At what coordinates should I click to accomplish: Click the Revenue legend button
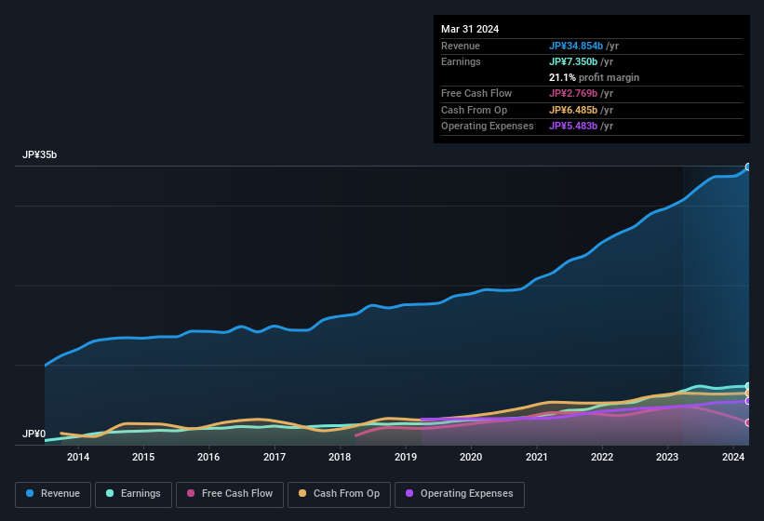point(53,494)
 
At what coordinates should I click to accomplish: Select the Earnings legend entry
point(133,494)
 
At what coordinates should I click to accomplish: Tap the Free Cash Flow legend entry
point(230,494)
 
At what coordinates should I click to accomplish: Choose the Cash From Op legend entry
point(339,494)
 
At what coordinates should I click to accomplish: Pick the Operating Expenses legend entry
point(459,494)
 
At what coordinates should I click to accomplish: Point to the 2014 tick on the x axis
point(78,457)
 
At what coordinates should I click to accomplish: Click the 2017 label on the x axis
point(275,457)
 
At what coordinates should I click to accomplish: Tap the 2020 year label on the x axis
point(471,457)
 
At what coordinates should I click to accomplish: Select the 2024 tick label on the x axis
point(733,457)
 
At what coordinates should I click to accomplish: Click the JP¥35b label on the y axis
point(40,155)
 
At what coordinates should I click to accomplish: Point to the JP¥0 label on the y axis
point(34,434)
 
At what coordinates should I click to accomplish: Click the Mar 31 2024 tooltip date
point(470,29)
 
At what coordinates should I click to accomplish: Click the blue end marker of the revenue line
point(748,167)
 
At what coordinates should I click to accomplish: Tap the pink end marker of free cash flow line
point(748,423)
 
